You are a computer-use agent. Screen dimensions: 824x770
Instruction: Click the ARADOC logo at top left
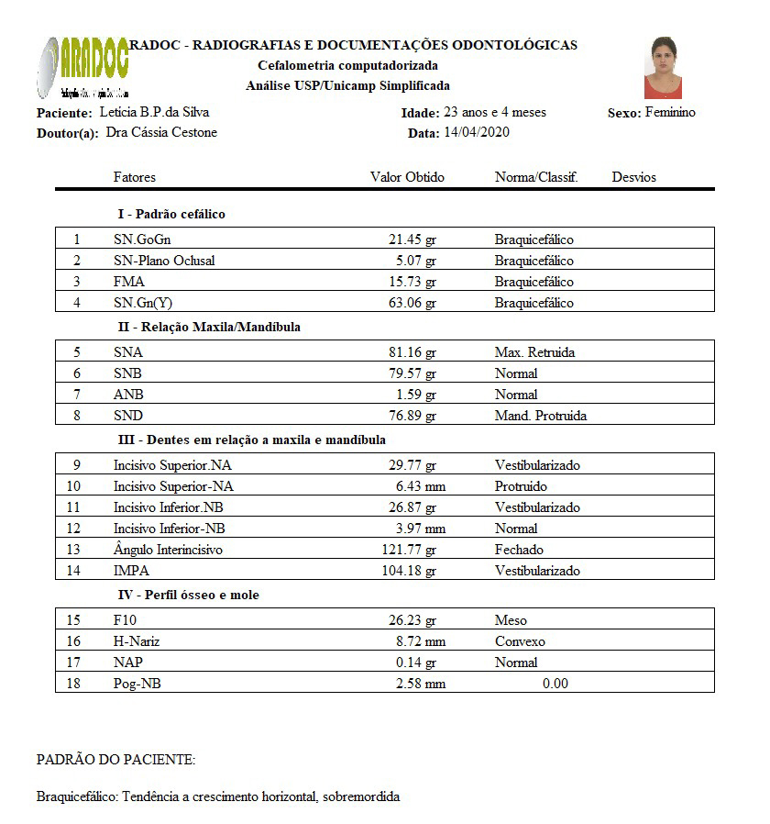coord(83,67)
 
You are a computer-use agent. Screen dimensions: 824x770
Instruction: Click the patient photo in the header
coord(662,68)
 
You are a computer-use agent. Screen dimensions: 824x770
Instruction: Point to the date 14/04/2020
coord(476,132)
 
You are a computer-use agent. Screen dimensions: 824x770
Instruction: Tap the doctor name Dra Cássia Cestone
coord(155,132)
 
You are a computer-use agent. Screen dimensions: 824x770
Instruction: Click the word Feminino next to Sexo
coord(670,113)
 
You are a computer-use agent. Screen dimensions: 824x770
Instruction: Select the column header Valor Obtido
coord(407,177)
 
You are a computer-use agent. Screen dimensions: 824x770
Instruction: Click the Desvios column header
coord(633,177)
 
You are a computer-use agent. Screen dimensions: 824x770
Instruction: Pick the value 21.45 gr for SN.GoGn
coord(412,239)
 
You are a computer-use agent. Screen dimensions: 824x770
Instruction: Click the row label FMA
coord(129,282)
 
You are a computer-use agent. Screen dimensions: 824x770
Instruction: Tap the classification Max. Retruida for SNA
coord(534,352)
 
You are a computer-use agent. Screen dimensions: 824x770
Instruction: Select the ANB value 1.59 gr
coord(415,395)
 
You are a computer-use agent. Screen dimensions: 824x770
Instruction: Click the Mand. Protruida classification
coord(541,416)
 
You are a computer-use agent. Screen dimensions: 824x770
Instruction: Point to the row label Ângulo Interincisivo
coord(168,550)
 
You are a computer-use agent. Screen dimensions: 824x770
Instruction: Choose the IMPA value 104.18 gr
coord(409,571)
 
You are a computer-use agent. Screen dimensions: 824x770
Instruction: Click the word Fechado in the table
coord(519,550)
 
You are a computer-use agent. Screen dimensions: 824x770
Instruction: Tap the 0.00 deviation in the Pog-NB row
coord(555,684)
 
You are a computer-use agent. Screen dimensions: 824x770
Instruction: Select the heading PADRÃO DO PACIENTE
coord(115,760)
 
